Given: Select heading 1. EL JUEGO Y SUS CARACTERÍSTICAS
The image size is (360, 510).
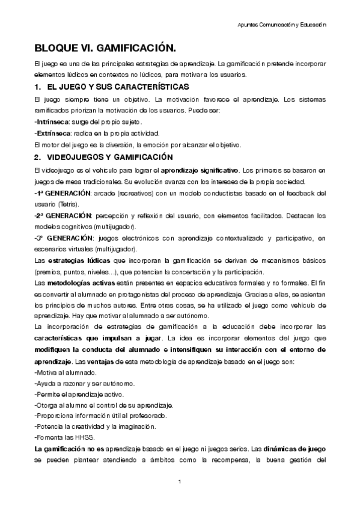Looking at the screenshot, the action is click(x=112, y=88).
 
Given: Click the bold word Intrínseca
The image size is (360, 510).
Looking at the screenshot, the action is click(x=53, y=122).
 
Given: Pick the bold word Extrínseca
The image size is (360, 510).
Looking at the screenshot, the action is click(x=53, y=133).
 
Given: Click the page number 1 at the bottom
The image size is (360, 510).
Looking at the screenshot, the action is click(x=180, y=482).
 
